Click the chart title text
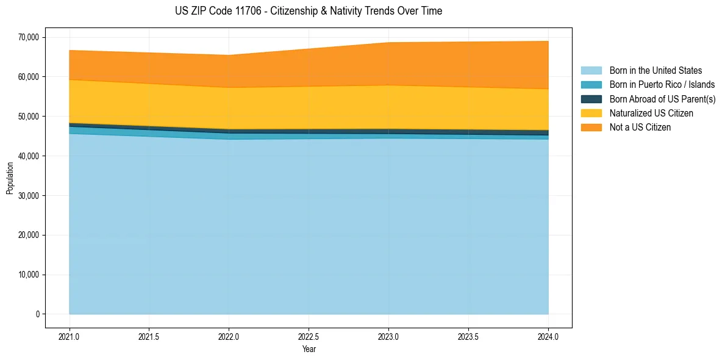(308, 11)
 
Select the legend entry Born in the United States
(655, 71)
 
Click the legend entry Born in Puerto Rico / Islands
(662, 85)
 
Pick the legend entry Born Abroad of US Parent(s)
(662, 99)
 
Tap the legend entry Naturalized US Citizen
(651, 113)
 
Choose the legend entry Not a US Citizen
(640, 127)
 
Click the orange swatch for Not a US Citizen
(591, 127)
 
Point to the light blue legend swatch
(591, 71)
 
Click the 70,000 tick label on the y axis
(29, 37)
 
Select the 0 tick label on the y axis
(37, 314)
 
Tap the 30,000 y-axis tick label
(29, 196)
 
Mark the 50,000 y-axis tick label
(29, 117)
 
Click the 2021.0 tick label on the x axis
(70, 336)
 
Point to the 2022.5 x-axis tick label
(309, 336)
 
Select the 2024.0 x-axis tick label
(548, 336)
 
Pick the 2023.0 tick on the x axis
(388, 336)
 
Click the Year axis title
(309, 349)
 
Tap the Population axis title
(10, 178)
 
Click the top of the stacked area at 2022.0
(229, 56)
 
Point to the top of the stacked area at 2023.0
(388, 43)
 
